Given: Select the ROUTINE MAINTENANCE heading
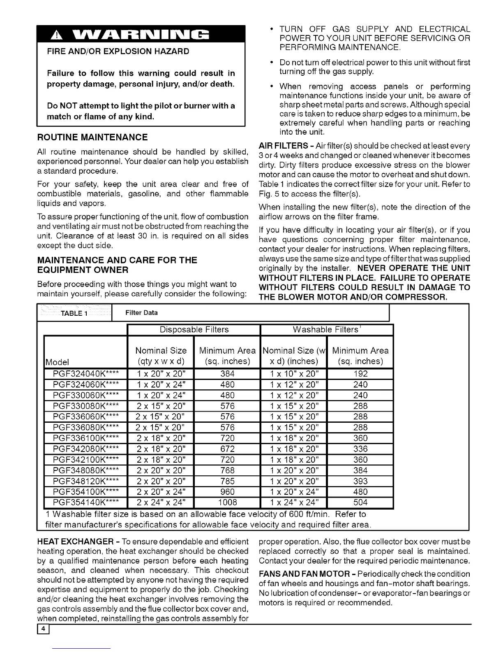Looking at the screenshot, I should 92,137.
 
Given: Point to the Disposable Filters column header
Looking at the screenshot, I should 194,330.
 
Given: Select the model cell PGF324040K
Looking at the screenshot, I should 86,374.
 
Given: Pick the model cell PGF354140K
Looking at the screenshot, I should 86,502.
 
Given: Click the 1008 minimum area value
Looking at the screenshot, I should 227,502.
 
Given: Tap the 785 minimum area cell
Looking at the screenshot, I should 227,481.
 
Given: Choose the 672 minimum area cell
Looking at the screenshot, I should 227,449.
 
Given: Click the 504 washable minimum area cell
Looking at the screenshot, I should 360,502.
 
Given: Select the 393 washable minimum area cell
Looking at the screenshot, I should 360,481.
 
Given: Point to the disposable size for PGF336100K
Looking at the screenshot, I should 161,438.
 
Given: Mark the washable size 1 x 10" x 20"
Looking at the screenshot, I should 293,374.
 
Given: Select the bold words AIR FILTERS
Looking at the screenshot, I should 284,146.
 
